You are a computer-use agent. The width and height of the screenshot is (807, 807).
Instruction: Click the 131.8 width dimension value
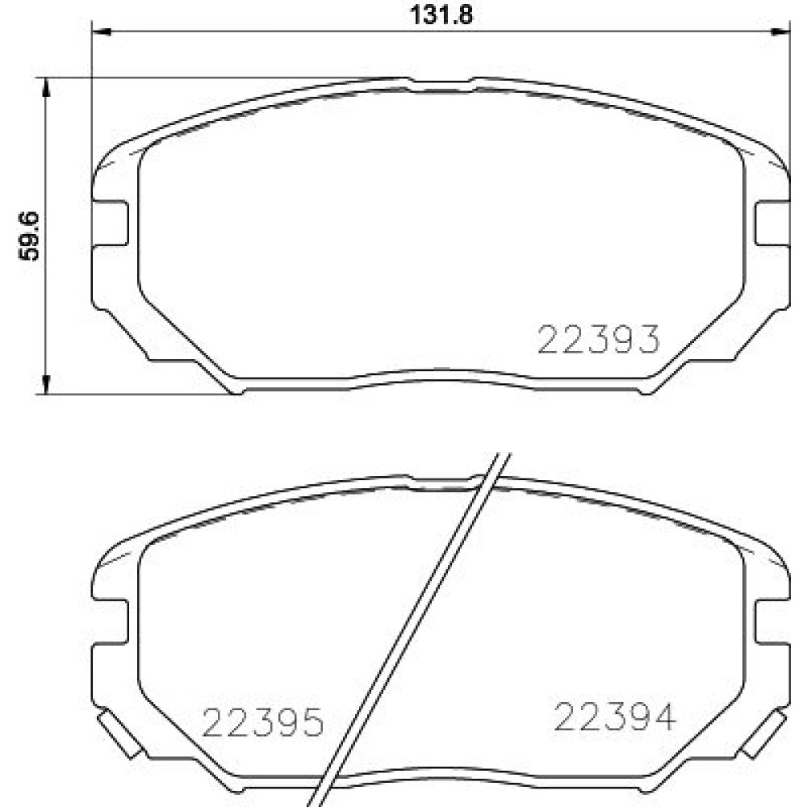tap(441, 15)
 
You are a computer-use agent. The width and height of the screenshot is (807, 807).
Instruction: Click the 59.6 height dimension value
tap(29, 236)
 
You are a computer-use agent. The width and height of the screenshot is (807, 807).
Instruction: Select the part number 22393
tap(598, 339)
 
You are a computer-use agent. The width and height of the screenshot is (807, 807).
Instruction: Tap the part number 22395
tap(263, 722)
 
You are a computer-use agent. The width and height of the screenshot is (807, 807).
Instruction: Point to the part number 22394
tap(614, 717)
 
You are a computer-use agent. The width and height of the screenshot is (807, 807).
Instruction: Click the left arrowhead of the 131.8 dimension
tap(102, 32)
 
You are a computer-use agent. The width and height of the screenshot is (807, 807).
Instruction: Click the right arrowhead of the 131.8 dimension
tap(780, 32)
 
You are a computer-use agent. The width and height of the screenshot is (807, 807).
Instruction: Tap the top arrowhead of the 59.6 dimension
tap(46, 88)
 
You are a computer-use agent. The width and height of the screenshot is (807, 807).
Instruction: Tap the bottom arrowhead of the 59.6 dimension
tap(46, 384)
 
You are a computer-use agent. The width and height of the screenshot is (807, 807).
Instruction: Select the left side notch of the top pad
tap(110, 223)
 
